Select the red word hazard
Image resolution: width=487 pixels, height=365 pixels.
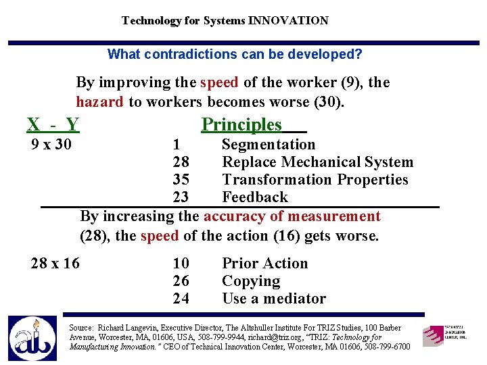pos(99,102)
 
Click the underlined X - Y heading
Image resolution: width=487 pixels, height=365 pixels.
pos(53,124)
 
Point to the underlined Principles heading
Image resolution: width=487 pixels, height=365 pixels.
pos(242,124)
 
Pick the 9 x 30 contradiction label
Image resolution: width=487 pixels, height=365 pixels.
pos(52,145)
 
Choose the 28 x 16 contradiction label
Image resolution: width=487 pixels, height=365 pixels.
pos(55,264)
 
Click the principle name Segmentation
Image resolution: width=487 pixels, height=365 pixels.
pos(269,145)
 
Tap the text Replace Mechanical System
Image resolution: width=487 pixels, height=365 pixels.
pos(317,162)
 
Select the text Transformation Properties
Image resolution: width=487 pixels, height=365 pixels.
pos(315,180)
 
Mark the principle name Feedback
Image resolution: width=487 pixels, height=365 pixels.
pos(255,197)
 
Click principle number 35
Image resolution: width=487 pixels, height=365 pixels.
pos(181,180)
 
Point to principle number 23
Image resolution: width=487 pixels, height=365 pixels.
pos(181,197)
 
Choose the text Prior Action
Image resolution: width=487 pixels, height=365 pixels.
pos(264,264)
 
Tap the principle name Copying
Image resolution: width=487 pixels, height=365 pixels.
pos(251,281)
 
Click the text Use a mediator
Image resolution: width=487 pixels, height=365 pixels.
pos(274,299)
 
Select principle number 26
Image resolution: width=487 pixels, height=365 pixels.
pos(181,281)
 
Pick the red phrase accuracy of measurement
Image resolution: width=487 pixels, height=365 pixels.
pos(292,216)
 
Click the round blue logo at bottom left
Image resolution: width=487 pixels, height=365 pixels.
pos(32,339)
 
